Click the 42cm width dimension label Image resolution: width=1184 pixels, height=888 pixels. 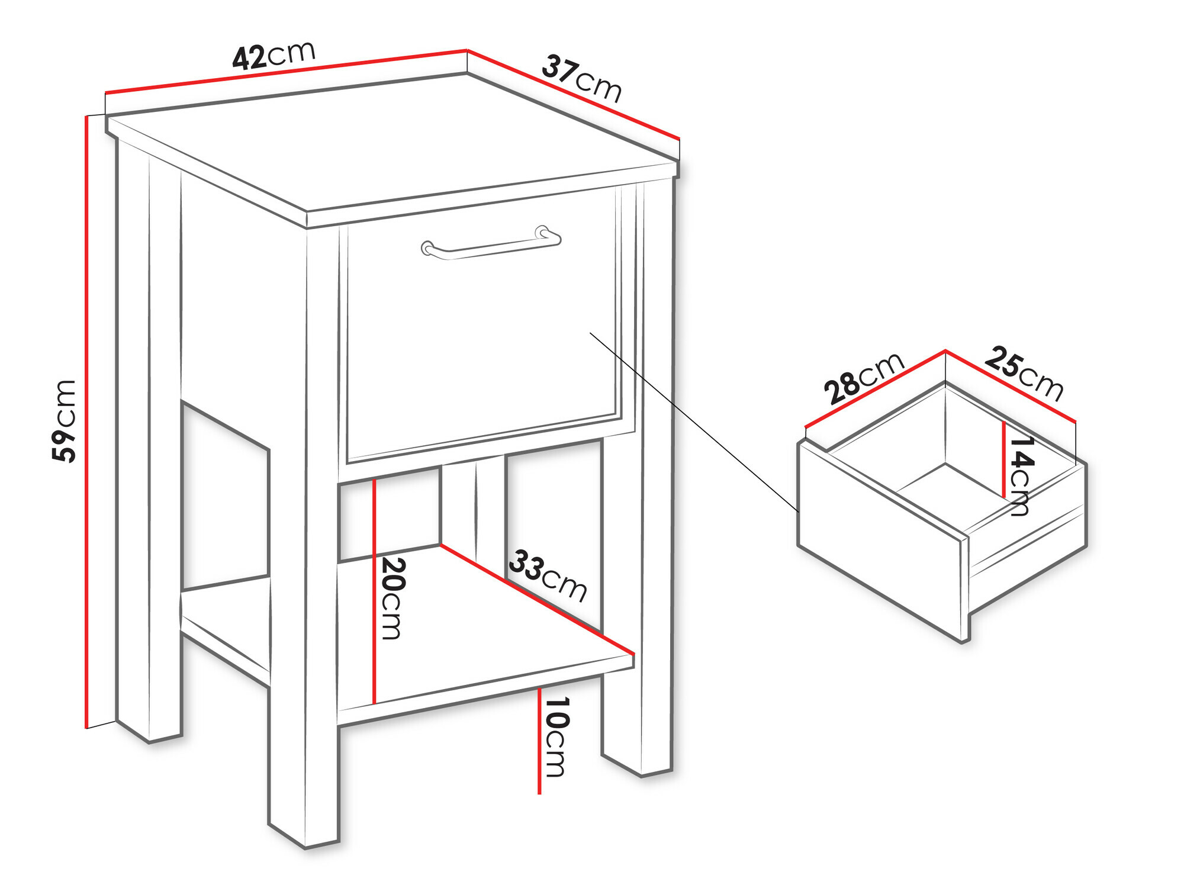click(x=274, y=56)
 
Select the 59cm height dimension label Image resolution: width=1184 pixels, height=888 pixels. click(x=64, y=421)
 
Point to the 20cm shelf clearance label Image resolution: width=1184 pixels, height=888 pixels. click(x=391, y=599)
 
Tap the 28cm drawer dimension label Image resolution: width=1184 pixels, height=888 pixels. click(x=864, y=379)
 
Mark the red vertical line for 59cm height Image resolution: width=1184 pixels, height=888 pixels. click(x=86, y=422)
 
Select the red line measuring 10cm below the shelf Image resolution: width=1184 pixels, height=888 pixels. click(x=539, y=741)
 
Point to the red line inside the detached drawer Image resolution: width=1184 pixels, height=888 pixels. click(x=1004, y=459)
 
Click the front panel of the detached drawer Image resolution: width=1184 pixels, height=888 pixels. click(x=882, y=542)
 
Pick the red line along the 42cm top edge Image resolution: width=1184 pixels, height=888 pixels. click(x=286, y=72)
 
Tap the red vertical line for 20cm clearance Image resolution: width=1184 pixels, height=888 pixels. click(x=375, y=591)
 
